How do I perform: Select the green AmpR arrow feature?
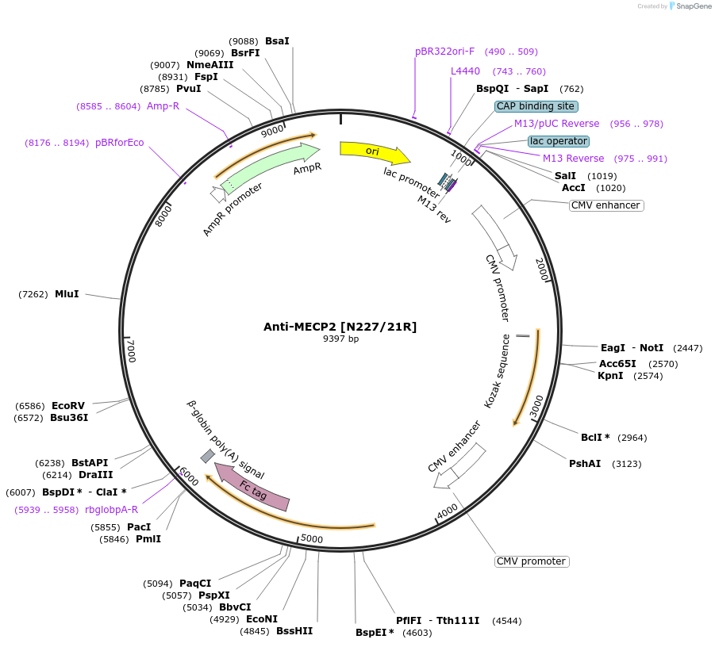click(270, 167)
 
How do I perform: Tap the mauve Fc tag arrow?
click(254, 488)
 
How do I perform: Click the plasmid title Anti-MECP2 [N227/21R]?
click(340, 327)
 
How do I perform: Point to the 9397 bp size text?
click(340, 339)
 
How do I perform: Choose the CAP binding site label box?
click(536, 106)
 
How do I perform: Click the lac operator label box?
click(559, 141)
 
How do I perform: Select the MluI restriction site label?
click(67, 294)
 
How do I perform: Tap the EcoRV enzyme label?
click(68, 406)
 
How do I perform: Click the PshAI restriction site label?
click(585, 464)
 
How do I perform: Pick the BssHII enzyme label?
click(294, 631)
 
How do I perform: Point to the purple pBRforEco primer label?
click(120, 143)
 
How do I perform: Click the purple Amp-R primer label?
click(163, 106)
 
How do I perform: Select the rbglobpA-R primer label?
click(111, 510)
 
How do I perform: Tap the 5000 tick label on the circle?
click(312, 540)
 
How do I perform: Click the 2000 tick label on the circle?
click(541, 269)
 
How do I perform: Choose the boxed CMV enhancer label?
click(605, 205)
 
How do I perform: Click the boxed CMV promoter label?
click(531, 561)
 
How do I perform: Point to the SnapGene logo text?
click(690, 6)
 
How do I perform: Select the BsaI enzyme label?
click(277, 40)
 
